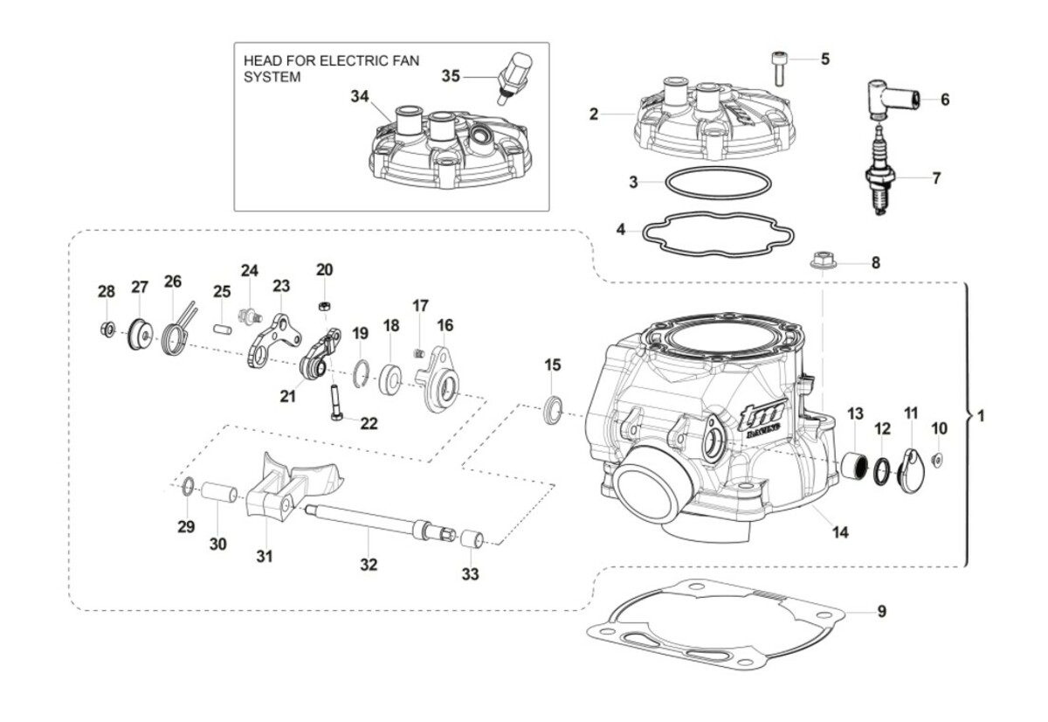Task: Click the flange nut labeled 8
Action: pos(821,260)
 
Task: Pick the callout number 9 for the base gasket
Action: pos(882,612)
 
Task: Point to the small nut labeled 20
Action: pos(323,305)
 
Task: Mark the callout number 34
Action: pos(361,96)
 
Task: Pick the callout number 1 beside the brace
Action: pos(981,417)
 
